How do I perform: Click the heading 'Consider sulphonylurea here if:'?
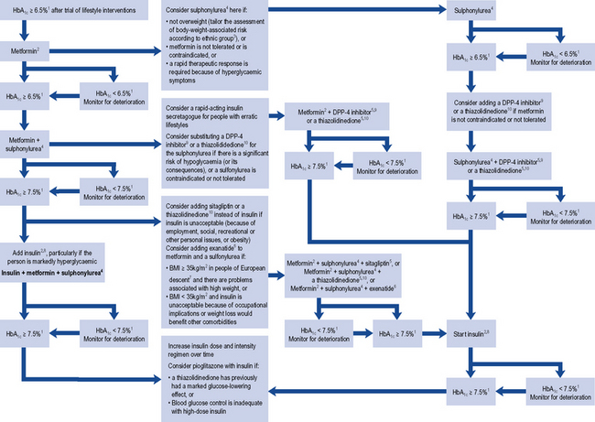point(210,9)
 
